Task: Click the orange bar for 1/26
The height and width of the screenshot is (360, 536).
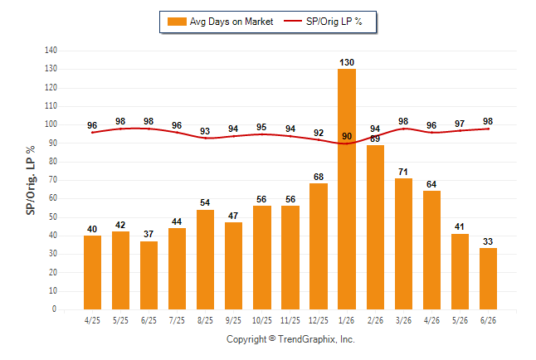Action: coord(347,189)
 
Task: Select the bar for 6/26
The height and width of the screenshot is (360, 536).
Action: coord(488,279)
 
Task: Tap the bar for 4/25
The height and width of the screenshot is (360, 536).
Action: coord(92,272)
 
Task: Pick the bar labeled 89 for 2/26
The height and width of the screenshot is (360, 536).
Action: coord(375,227)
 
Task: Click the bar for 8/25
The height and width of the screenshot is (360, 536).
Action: coord(205,260)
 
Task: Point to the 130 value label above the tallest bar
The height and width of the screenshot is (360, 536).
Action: coord(347,62)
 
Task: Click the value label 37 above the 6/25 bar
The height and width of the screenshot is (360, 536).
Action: coord(149,234)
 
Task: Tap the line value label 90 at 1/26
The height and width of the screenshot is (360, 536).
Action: coord(347,136)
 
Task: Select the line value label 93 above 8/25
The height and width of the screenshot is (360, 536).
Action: coord(205,131)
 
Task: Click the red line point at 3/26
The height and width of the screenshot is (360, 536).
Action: coord(404,129)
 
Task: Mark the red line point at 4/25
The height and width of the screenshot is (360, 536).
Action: coord(92,133)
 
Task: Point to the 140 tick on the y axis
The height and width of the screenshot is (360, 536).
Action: coord(51,51)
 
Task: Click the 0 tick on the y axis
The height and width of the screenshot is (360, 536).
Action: coord(54,309)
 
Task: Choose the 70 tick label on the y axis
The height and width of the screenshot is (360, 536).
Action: coord(52,180)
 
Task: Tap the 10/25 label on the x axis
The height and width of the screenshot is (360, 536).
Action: coord(262,320)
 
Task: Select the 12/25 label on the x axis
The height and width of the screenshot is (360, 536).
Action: coord(319,320)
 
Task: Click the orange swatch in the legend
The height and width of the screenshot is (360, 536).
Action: coord(177,22)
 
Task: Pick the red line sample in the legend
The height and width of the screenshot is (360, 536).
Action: coord(293,22)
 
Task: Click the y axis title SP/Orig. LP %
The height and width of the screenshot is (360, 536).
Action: coord(31,180)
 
